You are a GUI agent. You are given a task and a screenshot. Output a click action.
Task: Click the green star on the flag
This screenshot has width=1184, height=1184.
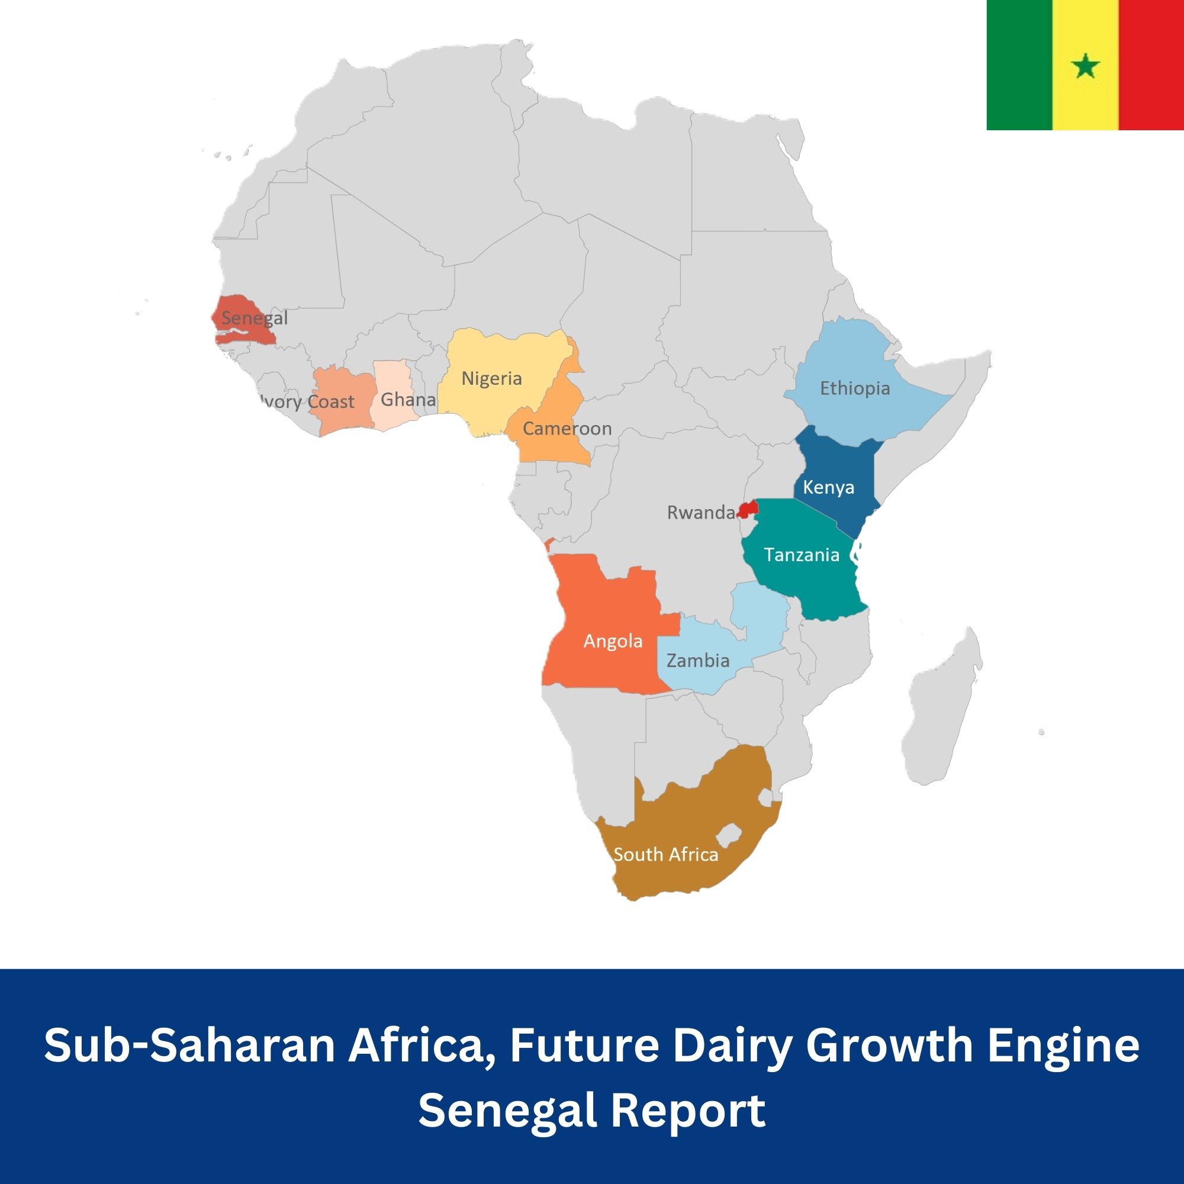pos(1086,66)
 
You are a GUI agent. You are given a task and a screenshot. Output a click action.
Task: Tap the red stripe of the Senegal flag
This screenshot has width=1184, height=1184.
pos(1151,65)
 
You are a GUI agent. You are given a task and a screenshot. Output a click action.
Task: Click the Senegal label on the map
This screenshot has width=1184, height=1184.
pos(255,318)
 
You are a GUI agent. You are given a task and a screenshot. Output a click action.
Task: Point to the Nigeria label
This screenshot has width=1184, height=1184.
pos(491,379)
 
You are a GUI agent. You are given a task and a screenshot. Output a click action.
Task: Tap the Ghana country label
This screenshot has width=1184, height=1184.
pos(407,400)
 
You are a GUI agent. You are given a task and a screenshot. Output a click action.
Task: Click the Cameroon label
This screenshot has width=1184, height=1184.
pos(567,429)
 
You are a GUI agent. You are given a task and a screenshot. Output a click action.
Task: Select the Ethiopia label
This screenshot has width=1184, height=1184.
pos(855,388)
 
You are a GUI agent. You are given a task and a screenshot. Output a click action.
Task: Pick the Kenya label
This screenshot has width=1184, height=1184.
pos(829,487)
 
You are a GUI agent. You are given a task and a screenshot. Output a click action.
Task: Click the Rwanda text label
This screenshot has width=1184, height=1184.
pos(701,512)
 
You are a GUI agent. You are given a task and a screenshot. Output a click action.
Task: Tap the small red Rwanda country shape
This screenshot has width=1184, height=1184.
pos(748,509)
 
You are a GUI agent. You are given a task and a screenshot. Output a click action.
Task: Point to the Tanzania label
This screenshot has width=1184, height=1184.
pos(802,555)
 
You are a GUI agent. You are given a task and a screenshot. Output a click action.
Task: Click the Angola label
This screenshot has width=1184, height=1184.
pos(613,641)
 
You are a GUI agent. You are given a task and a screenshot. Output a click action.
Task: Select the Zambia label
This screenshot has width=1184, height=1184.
pos(698,661)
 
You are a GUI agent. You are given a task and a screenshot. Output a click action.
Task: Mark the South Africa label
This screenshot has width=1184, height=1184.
pos(665,854)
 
